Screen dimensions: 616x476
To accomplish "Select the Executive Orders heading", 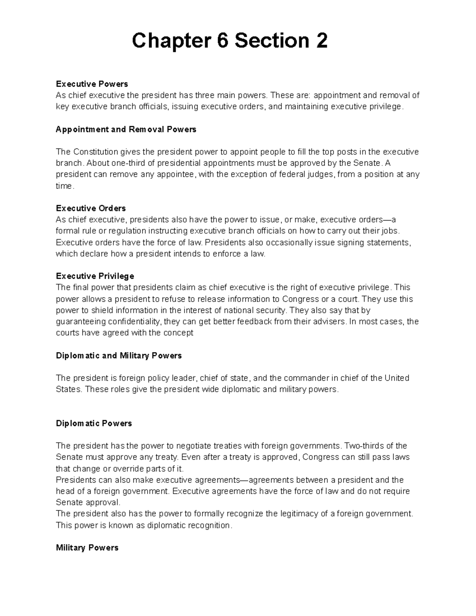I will tap(91, 208).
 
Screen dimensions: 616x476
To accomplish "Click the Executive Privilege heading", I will tap(95, 276).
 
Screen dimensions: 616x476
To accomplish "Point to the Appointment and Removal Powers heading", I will tap(126, 129).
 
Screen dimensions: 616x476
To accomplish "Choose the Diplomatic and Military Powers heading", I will tap(119, 355).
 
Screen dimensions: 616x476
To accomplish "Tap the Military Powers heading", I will tap(87, 548).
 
